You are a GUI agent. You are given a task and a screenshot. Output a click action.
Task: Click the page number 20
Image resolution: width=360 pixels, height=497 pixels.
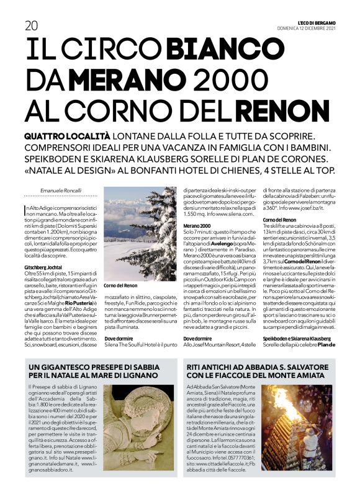[30, 25]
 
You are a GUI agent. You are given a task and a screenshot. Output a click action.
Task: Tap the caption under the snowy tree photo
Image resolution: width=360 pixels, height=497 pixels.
[120, 285]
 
